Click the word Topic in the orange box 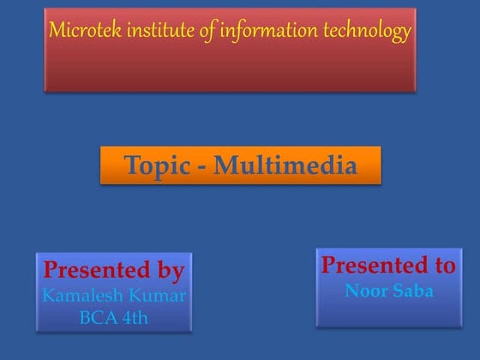click(155, 165)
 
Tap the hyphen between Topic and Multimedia click(201, 167)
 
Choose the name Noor click(364, 291)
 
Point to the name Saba click(413, 291)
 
